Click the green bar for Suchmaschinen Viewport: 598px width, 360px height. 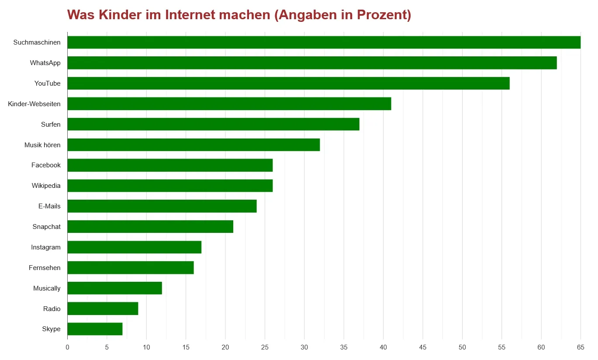[324, 42]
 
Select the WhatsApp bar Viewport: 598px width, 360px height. [312, 63]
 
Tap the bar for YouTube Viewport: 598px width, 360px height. [288, 83]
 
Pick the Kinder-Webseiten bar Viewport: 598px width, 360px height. [229, 104]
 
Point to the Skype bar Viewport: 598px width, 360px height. [95, 329]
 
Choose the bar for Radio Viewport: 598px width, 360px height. [103, 308]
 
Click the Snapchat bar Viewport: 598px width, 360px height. [150, 227]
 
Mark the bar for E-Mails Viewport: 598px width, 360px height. [162, 206]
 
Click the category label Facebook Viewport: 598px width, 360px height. [46, 165]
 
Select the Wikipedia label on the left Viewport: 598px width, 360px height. [46, 186]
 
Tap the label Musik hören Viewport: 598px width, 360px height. [42, 145]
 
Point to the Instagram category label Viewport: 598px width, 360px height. [46, 247]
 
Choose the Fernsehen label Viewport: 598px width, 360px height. [45, 268]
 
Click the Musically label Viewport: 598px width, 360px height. [47, 288]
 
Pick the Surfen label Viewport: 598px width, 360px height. [51, 125]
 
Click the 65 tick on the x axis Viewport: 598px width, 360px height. [581, 347]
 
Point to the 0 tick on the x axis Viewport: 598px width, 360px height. [67, 347]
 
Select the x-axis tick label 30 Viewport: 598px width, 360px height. [304, 347]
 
